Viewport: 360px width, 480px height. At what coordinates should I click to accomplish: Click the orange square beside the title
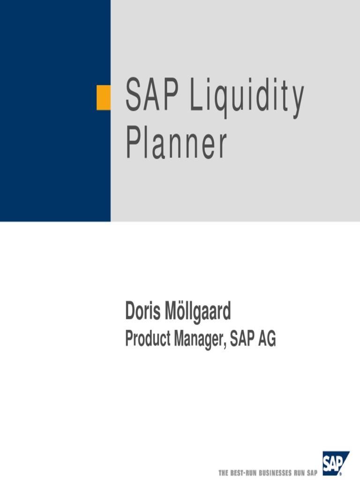104,97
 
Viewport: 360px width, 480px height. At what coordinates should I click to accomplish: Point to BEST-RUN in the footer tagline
243,472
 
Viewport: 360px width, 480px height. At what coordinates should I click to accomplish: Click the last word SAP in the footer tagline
312,472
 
